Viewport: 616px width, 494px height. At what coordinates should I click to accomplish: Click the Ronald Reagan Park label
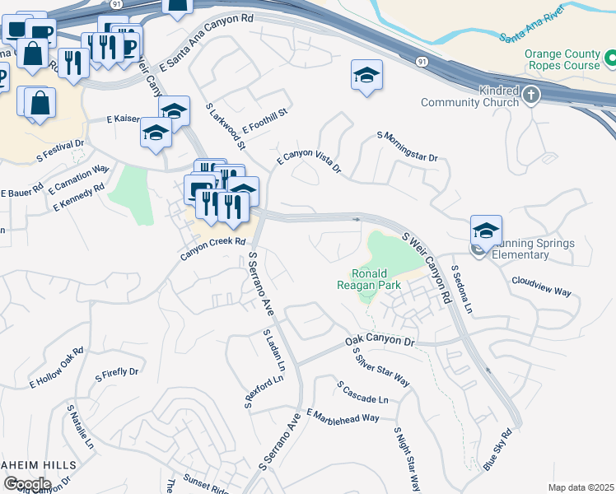(380, 279)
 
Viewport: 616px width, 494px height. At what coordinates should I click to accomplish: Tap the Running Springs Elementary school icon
(486, 231)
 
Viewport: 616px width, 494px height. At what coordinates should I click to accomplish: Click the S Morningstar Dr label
(407, 145)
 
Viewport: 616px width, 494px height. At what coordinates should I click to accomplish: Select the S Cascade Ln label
(362, 392)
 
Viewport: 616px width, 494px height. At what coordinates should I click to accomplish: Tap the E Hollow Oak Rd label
(57, 367)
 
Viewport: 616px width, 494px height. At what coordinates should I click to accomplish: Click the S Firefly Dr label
(116, 375)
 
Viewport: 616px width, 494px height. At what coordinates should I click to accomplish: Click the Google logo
(26, 484)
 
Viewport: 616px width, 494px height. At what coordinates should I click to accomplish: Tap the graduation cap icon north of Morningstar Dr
(366, 77)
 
